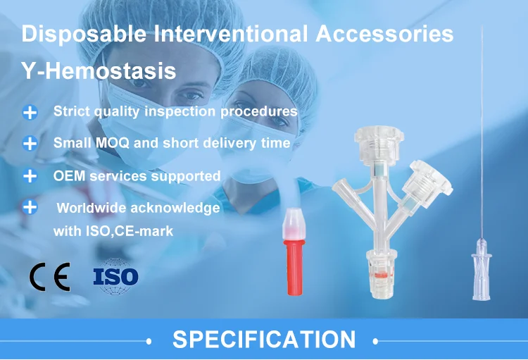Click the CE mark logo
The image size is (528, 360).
[49, 278]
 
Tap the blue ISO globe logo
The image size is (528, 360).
[115, 275]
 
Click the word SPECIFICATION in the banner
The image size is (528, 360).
[264, 340]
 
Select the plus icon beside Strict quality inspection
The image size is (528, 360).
[30, 112]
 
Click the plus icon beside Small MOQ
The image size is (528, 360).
[30, 143]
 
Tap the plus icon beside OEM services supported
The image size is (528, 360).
[30, 175]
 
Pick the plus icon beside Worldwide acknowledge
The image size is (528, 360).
[30, 208]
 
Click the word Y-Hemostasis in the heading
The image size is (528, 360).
[99, 71]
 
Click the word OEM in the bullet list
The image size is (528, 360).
[68, 175]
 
